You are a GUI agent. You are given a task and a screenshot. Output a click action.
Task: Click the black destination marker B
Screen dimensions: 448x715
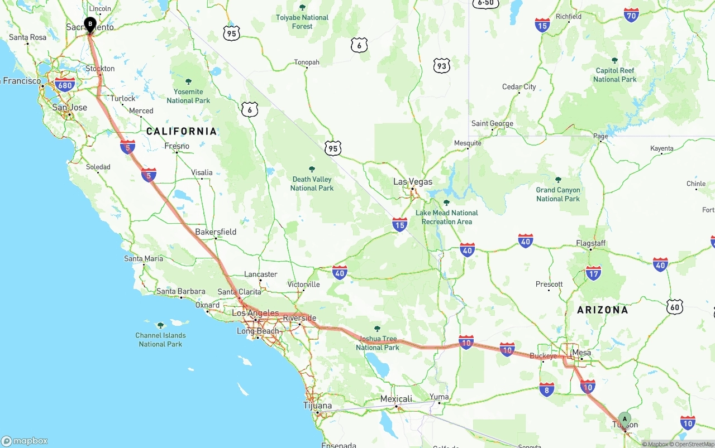[90, 24]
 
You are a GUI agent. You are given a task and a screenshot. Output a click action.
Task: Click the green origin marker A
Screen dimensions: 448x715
[625, 419]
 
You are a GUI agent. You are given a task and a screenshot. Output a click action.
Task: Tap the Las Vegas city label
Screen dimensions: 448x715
[413, 182]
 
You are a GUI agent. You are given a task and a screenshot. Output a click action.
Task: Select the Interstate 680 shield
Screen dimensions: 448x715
[65, 85]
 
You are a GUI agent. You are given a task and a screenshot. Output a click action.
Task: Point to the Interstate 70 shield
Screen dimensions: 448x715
[631, 15]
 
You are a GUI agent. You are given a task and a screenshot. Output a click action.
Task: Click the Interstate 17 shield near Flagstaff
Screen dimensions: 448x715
[593, 273]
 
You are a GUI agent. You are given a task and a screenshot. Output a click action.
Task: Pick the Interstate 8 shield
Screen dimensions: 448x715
[547, 389]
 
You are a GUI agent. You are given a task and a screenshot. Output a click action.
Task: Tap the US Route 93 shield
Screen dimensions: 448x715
[442, 66]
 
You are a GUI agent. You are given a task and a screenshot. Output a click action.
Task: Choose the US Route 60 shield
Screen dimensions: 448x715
[675, 306]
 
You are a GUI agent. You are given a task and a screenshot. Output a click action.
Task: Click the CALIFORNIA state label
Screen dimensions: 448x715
[181, 131]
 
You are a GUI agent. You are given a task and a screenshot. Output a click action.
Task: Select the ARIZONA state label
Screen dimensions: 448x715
[602, 310]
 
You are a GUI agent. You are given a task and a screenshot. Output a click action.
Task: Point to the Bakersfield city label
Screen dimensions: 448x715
[216, 232]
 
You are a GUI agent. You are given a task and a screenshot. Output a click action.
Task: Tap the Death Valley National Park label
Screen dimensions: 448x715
[312, 184]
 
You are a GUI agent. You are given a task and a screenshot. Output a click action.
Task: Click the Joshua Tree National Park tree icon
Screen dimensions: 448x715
[377, 329]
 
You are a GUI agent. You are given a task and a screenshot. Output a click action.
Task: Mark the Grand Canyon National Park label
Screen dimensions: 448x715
[558, 194]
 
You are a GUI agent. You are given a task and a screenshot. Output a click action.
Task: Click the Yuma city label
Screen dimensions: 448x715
[439, 397]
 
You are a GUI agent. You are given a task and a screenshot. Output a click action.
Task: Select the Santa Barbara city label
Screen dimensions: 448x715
[180, 291]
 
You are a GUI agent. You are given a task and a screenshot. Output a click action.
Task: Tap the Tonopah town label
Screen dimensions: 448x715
[307, 62]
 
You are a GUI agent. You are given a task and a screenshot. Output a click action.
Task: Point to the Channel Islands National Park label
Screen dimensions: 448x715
[160, 340]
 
